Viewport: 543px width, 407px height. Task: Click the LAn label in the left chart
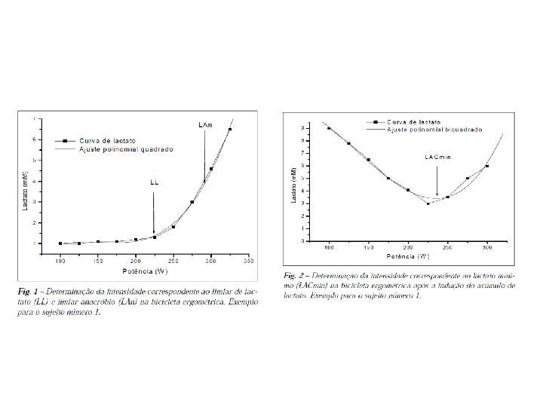(204, 124)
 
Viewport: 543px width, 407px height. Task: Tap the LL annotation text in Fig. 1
(154, 182)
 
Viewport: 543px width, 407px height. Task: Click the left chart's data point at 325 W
(230, 130)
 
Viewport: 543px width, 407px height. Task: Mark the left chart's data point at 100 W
(60, 243)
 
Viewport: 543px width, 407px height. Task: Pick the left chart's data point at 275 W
(192, 202)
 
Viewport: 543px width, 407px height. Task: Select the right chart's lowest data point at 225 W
(428, 203)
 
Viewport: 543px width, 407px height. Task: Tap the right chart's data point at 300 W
(487, 166)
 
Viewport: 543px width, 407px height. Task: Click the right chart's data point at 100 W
(329, 128)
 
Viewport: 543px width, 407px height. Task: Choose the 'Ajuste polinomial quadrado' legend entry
(126, 149)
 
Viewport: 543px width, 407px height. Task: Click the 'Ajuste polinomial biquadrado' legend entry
(434, 130)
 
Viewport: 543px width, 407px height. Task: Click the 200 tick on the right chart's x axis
(408, 246)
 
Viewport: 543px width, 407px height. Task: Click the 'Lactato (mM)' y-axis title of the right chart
(293, 184)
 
